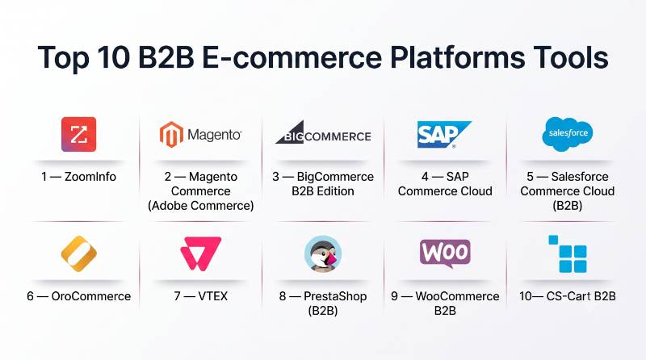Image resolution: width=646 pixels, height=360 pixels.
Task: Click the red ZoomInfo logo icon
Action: tap(78, 134)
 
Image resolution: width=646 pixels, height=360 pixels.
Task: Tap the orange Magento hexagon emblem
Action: tap(171, 134)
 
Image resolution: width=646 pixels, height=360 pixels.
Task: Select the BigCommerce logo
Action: tap(324, 132)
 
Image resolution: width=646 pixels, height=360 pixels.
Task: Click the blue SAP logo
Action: tap(444, 134)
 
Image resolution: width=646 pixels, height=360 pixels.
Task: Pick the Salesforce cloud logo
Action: tap(568, 134)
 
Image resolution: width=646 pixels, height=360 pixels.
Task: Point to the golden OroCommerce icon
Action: tap(78, 253)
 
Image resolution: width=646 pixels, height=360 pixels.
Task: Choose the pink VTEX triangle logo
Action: tap(200, 253)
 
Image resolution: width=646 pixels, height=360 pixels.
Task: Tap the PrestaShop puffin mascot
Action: tap(323, 253)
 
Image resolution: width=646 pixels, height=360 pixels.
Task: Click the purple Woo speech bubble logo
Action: tap(445, 253)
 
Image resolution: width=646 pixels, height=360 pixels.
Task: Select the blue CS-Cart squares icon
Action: tap(568, 253)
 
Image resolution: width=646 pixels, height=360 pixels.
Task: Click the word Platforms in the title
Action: tap(457, 57)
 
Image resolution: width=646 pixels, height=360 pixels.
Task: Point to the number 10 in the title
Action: tap(114, 57)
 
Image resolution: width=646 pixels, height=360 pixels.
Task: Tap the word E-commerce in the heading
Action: tap(292, 57)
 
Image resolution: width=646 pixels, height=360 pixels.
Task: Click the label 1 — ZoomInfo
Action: tap(78, 177)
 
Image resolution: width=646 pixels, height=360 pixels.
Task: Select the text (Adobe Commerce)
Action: tap(200, 206)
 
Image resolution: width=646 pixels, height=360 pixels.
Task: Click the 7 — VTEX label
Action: tap(200, 296)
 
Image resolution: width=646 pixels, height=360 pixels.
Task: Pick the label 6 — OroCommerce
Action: tap(78, 296)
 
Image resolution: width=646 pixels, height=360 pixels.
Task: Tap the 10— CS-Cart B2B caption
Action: tap(568, 296)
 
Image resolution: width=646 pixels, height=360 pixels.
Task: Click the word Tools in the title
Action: tap(571, 57)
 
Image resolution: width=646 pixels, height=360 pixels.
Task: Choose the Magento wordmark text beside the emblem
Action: tap(214, 135)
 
